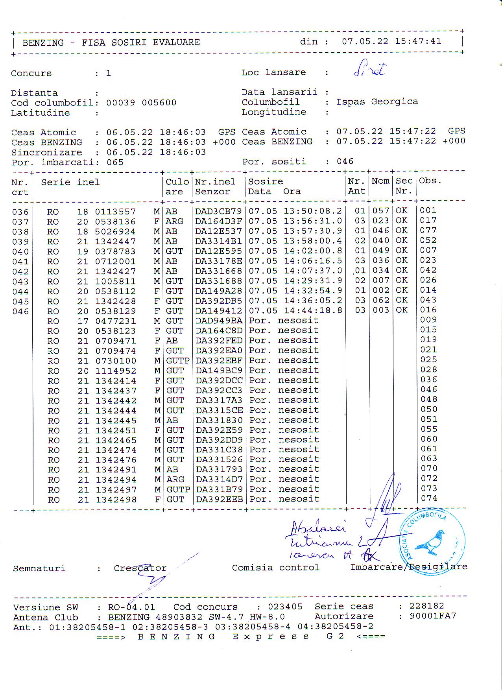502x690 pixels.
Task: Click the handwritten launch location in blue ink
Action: pos(369,70)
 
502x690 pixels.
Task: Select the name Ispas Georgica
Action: pos(377,101)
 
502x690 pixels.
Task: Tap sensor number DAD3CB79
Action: pos(218,211)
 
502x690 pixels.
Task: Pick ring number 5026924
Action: pos(115,231)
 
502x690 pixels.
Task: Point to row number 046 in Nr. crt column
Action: pos(20,312)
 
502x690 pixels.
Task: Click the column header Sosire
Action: pos(266,181)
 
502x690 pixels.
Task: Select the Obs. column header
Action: pos(430,181)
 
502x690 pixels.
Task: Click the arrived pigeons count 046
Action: pos(345,161)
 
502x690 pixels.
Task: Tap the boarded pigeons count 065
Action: pos(115,162)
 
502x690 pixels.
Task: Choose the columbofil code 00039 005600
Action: pos(141,103)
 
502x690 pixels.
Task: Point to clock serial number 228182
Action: pos(426,606)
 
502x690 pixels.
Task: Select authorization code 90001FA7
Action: pos(432,616)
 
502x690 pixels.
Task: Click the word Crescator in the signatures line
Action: pos(140,568)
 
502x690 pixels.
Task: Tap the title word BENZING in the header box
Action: pos(43,42)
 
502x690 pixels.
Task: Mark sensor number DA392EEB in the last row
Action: pos(219,500)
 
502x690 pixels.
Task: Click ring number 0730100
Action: pos(116,361)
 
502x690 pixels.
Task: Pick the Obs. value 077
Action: pos(428,230)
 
